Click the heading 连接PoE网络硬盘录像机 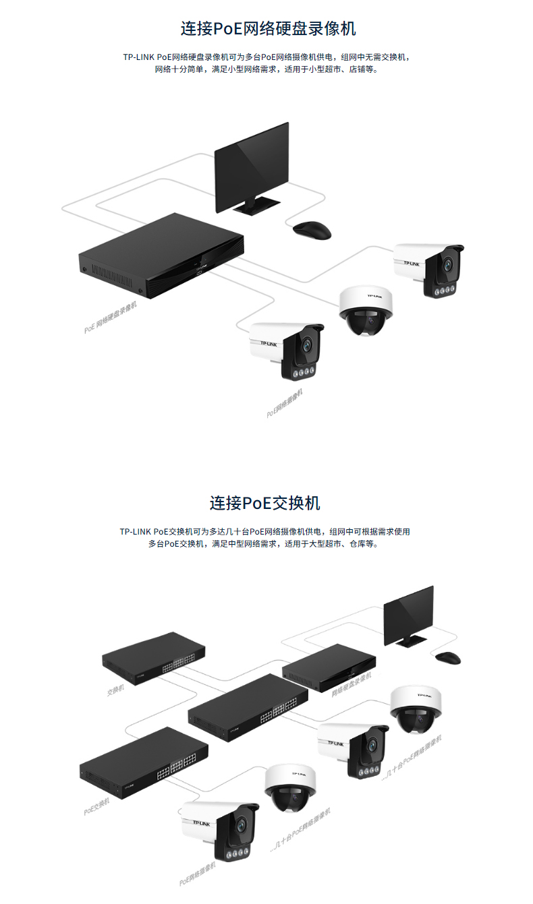[x=268, y=29]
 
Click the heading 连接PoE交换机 [x=264, y=503]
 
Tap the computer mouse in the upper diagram [x=312, y=229]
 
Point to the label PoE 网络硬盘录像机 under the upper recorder [x=111, y=318]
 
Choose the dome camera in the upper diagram [x=365, y=310]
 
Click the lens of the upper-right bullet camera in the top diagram [x=447, y=264]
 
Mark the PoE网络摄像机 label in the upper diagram [x=285, y=402]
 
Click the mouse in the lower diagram [x=447, y=656]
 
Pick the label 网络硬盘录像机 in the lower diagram [x=351, y=684]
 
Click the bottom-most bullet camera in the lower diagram [x=219, y=830]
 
